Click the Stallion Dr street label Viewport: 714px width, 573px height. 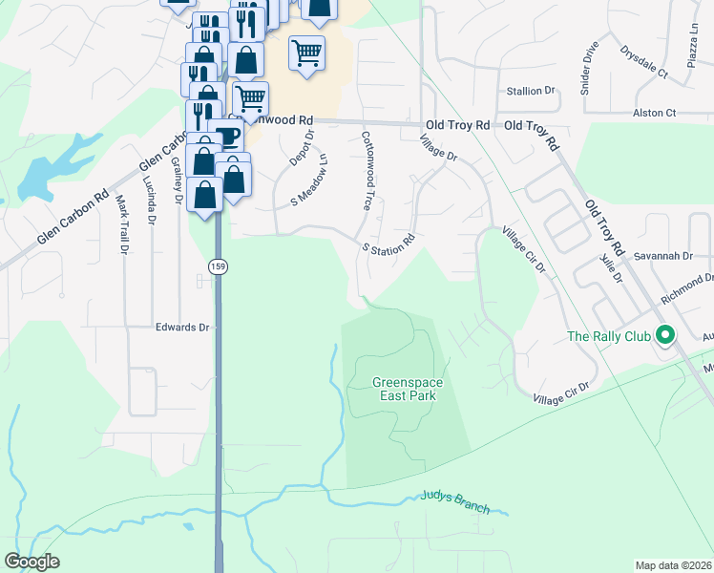point(532,91)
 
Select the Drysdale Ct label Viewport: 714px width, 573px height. point(643,58)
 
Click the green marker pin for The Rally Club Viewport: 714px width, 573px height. point(667,335)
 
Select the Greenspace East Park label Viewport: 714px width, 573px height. point(408,389)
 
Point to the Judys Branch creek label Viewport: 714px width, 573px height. point(455,502)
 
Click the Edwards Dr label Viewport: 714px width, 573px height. point(182,327)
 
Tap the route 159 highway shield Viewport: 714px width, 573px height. point(217,263)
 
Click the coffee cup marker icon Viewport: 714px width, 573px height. point(225,135)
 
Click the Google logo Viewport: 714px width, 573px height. point(31,562)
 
